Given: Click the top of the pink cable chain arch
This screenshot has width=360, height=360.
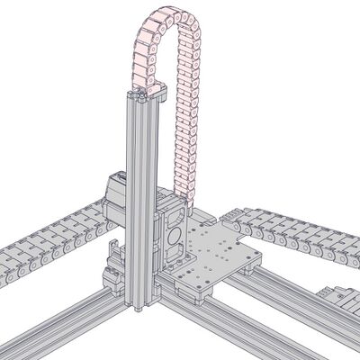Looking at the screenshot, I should point(167,13).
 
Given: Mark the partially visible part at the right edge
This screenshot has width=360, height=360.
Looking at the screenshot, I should point(342,301).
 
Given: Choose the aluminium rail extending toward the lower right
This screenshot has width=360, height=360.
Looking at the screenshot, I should point(243,333).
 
